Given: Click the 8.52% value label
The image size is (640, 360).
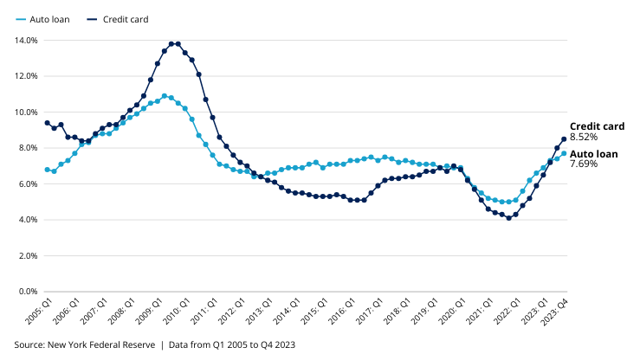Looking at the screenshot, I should [x=585, y=137].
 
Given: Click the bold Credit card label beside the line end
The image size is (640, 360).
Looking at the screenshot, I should [x=597, y=126].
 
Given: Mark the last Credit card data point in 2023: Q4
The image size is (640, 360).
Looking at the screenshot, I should [x=564, y=138].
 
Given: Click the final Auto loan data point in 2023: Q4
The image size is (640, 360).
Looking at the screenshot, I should [x=564, y=153].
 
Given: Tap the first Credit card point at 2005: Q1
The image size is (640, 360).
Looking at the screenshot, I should [x=47, y=123].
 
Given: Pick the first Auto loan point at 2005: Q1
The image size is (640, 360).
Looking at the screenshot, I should [x=47, y=170].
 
